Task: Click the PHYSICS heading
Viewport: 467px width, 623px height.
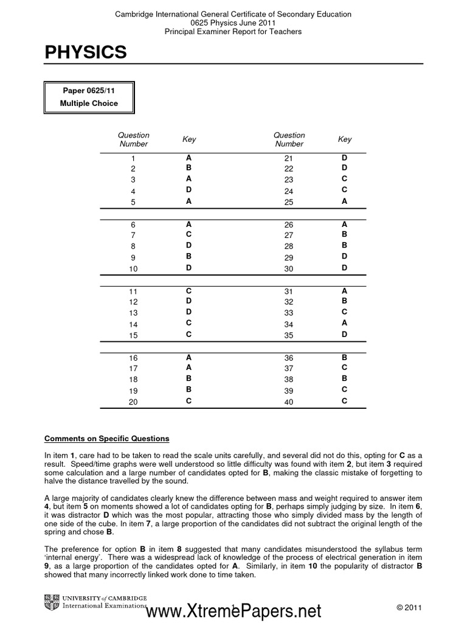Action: click(x=86, y=53)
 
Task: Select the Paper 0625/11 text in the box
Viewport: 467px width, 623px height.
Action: click(x=89, y=91)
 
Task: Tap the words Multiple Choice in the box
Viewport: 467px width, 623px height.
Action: click(x=89, y=103)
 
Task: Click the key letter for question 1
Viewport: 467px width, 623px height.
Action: click(x=189, y=157)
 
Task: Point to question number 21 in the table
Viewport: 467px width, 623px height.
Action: click(x=289, y=158)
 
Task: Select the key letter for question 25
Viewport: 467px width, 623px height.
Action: click(x=344, y=201)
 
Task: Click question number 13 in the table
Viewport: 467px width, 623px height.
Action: click(x=134, y=313)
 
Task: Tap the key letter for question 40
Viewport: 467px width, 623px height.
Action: click(x=344, y=401)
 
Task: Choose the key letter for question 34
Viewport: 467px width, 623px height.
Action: click(x=344, y=323)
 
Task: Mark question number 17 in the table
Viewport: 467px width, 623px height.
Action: click(x=134, y=369)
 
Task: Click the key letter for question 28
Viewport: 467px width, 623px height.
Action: click(x=344, y=245)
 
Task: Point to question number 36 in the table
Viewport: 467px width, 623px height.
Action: click(x=289, y=358)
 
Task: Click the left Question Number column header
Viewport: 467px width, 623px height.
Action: click(x=134, y=139)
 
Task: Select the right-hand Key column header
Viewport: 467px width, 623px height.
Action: click(x=345, y=139)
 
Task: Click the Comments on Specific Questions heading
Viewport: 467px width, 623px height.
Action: click(x=107, y=439)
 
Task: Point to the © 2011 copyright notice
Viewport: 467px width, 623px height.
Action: click(x=409, y=608)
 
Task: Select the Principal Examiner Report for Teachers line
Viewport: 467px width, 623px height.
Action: click(x=233, y=31)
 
